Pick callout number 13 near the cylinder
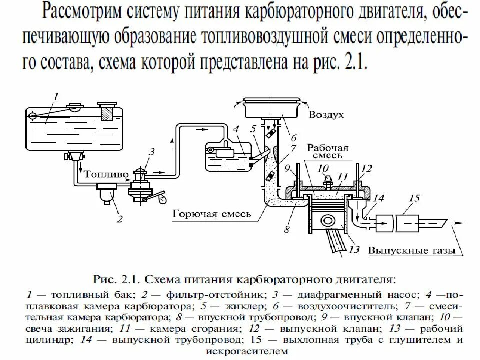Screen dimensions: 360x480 [x=354, y=250]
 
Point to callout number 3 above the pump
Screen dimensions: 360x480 [x=152, y=151]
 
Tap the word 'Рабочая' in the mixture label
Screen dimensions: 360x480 [x=327, y=148]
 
